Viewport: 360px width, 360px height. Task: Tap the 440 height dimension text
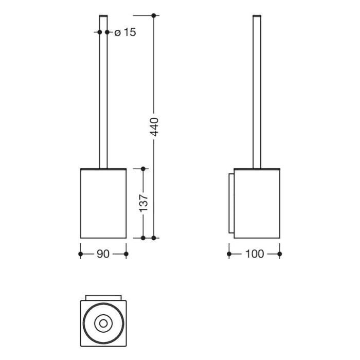coord(154,127)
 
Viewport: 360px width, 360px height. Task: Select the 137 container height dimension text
coord(143,203)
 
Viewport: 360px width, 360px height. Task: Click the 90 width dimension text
coord(103,254)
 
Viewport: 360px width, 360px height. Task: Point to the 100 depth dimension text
coord(254,254)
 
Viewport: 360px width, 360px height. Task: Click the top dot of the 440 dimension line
coord(154,15)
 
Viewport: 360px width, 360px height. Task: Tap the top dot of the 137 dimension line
coord(143,168)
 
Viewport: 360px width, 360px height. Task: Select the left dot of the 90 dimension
coord(80,254)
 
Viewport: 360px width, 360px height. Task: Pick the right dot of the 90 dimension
coord(126,254)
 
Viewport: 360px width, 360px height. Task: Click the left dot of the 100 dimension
coord(229,254)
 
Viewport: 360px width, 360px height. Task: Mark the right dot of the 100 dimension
coord(280,254)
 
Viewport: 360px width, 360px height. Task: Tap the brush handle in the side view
coord(257,93)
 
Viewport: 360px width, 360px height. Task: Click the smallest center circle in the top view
coord(103,323)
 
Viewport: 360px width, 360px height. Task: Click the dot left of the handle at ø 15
coord(100,32)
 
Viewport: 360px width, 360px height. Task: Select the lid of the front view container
coord(103,169)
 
